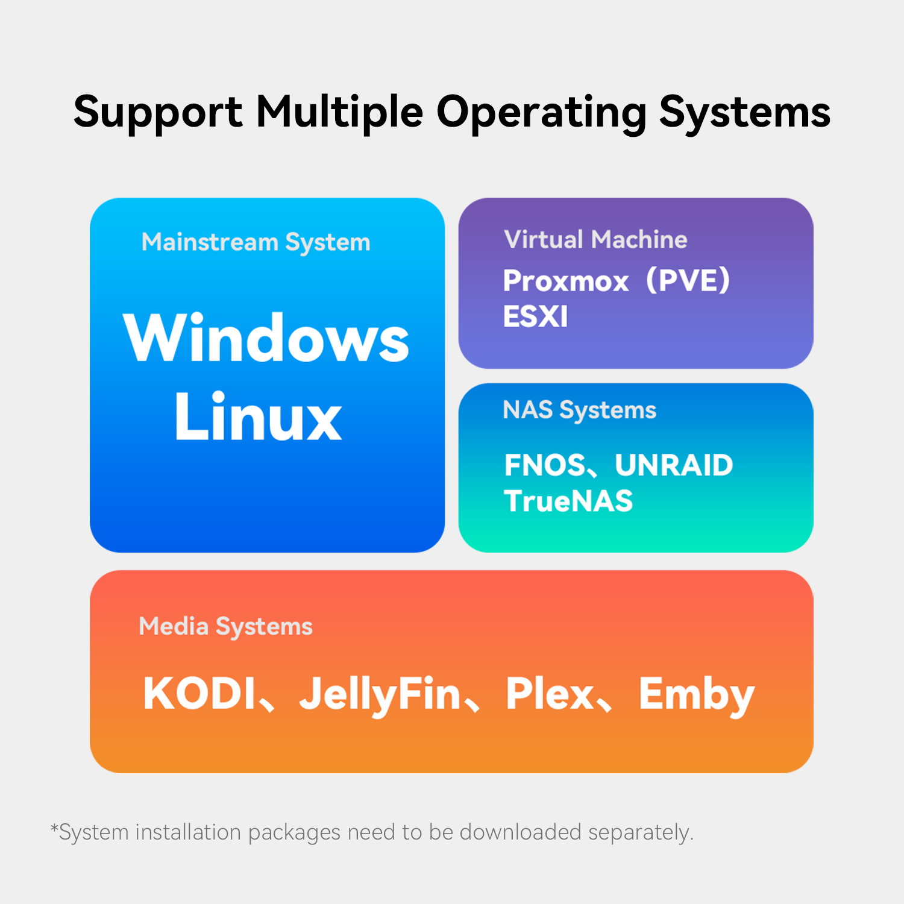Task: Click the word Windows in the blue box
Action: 266,339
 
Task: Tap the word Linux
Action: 259,417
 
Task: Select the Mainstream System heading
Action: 256,242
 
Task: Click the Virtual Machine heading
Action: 595,240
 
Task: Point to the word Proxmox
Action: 566,281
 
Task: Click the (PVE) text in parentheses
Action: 688,281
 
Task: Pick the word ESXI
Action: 535,317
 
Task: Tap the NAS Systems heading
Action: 579,410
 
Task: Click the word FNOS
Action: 544,465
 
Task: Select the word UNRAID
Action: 674,465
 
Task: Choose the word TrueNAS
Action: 568,501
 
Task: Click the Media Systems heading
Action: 225,627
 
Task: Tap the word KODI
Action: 199,694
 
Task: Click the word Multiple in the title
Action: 339,113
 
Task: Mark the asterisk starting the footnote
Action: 54,828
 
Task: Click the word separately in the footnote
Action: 640,833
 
